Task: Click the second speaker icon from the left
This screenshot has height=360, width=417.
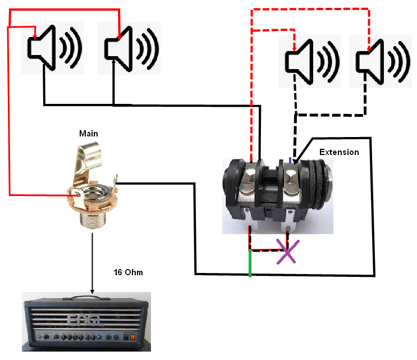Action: coord(129,47)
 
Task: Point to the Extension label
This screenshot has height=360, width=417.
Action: coord(338,152)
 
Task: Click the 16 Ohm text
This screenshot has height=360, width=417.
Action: coord(129,272)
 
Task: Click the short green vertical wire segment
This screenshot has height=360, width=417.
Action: coord(250,263)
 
